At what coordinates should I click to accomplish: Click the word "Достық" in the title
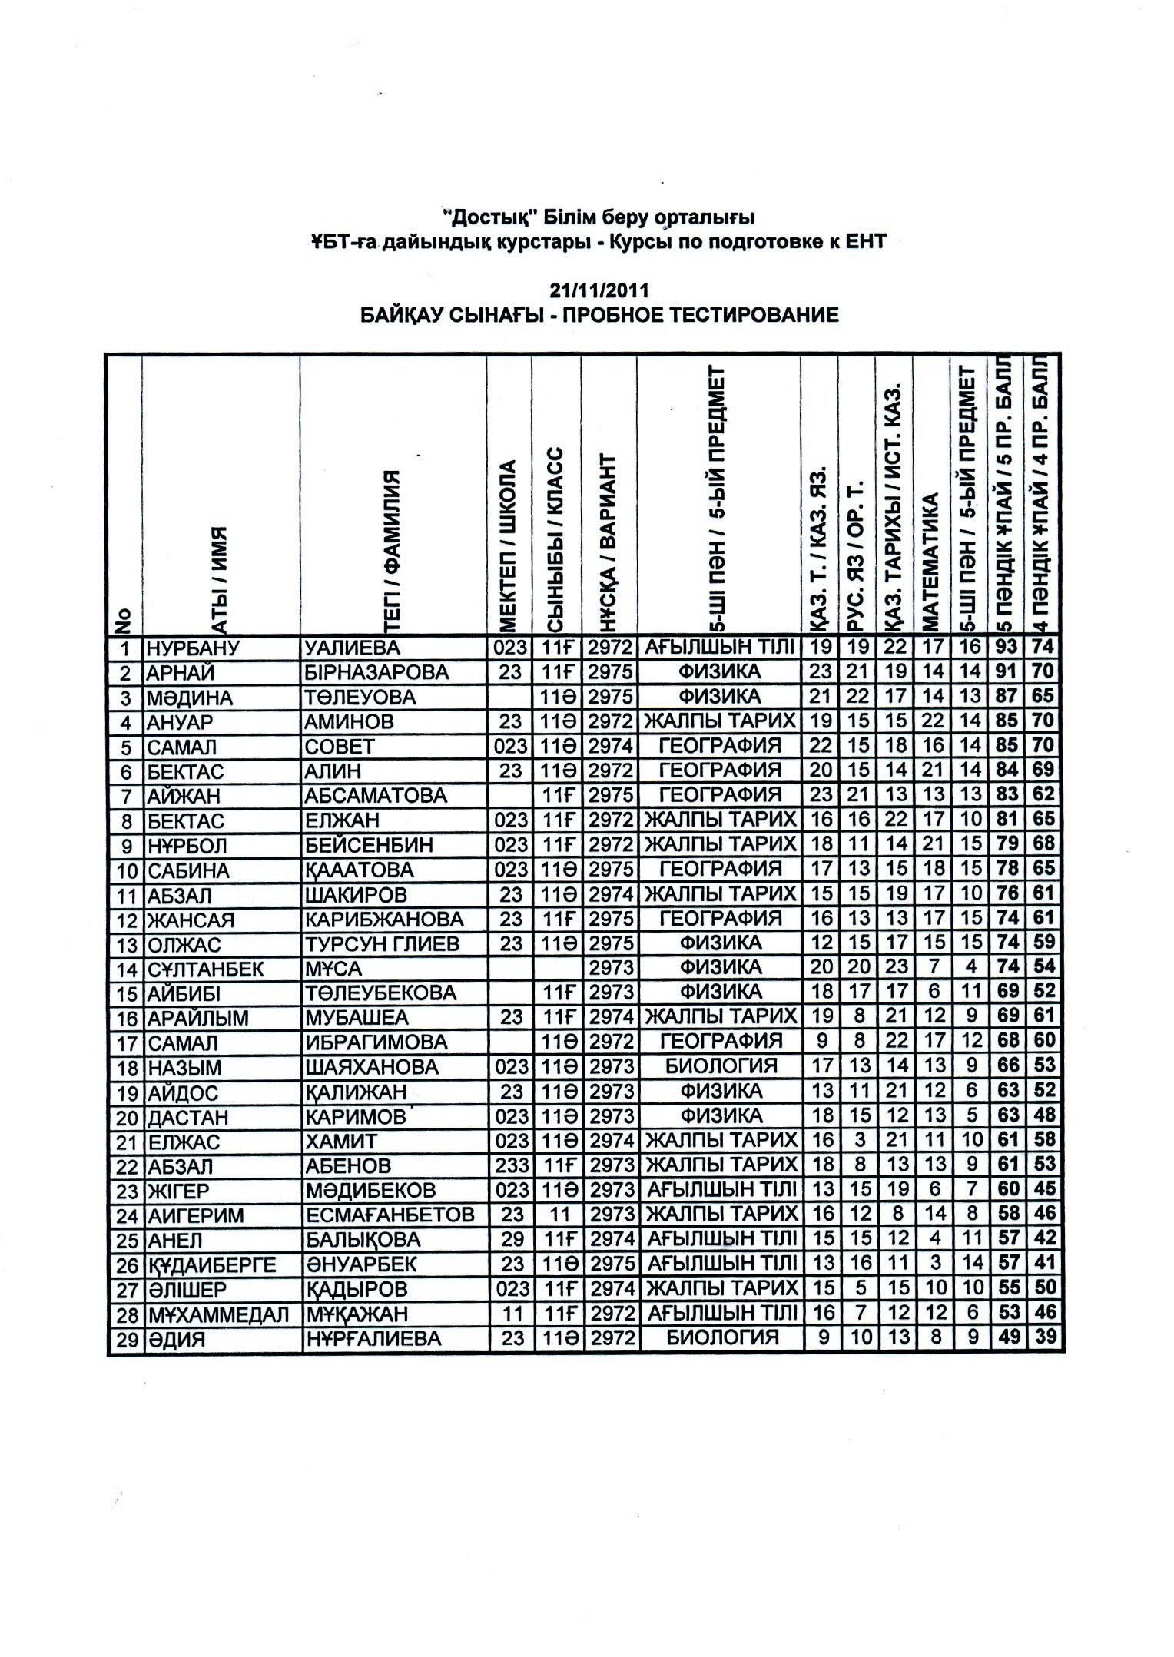(x=481, y=216)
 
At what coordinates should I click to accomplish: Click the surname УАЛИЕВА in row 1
(x=353, y=648)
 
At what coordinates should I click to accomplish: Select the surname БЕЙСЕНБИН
(x=369, y=846)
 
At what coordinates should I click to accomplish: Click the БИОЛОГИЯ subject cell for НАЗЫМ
(x=721, y=1067)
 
